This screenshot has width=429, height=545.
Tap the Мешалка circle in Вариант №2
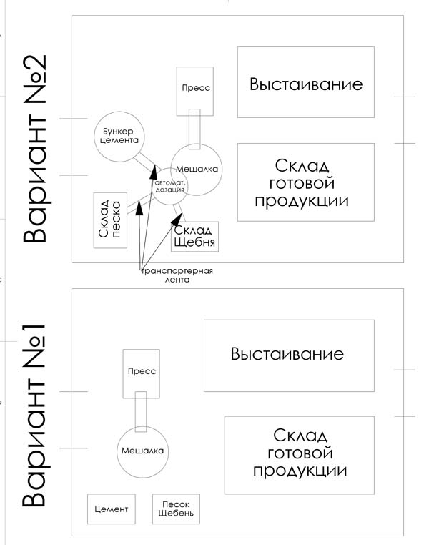(196, 169)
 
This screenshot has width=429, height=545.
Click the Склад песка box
(110, 220)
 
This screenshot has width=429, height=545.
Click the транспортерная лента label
(177, 276)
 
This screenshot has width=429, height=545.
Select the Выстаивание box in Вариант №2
(305, 82)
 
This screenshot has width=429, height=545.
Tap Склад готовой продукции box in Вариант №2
(305, 182)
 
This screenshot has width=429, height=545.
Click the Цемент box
(111, 509)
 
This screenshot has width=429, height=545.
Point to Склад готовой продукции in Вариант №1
(300, 454)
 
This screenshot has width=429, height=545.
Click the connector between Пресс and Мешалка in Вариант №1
(141, 411)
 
